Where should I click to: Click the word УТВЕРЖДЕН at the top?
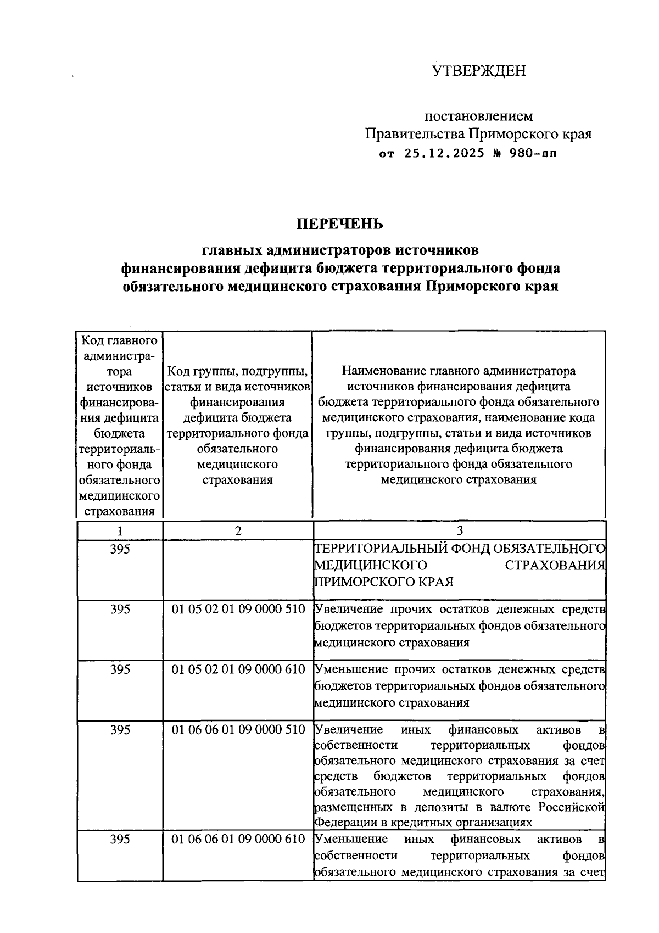click(478, 71)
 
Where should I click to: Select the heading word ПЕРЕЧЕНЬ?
click(340, 224)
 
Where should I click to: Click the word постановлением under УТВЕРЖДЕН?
click(478, 116)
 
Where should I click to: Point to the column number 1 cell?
click(120, 530)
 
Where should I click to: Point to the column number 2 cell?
click(238, 530)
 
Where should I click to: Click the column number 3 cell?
click(460, 530)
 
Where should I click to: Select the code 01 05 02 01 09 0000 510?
click(238, 609)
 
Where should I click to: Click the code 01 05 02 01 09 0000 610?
click(238, 669)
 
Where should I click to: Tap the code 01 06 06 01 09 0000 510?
click(238, 730)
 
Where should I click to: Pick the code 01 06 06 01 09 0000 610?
click(238, 839)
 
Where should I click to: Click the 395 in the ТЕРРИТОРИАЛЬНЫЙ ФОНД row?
click(120, 549)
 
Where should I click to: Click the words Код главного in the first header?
click(120, 340)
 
